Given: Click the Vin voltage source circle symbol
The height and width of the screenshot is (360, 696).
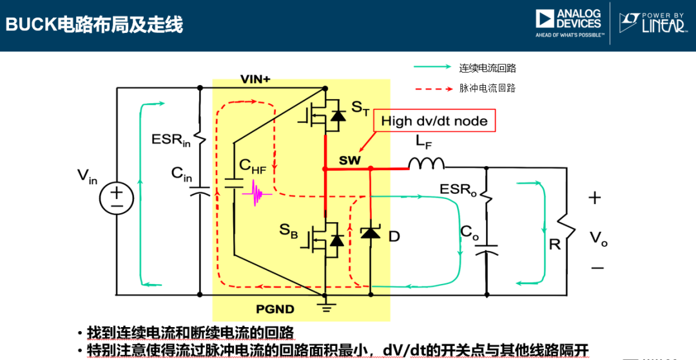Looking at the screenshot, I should [117, 198].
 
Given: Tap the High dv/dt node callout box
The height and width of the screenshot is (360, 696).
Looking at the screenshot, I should [434, 120].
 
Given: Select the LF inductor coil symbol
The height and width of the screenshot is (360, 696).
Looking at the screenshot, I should [427, 164].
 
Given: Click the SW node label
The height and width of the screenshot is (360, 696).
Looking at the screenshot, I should [350, 160].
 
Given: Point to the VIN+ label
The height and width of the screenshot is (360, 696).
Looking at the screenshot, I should [255, 79].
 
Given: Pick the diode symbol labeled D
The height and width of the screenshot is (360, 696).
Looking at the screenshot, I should [371, 233].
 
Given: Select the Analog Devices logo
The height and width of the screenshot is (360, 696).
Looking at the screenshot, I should [568, 23].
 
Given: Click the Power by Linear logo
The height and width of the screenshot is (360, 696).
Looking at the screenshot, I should [652, 23].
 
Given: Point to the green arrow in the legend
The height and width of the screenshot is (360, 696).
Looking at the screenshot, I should [432, 67].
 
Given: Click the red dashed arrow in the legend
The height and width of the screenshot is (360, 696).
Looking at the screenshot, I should [432, 89].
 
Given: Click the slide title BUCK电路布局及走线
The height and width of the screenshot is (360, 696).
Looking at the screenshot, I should [94, 24].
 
